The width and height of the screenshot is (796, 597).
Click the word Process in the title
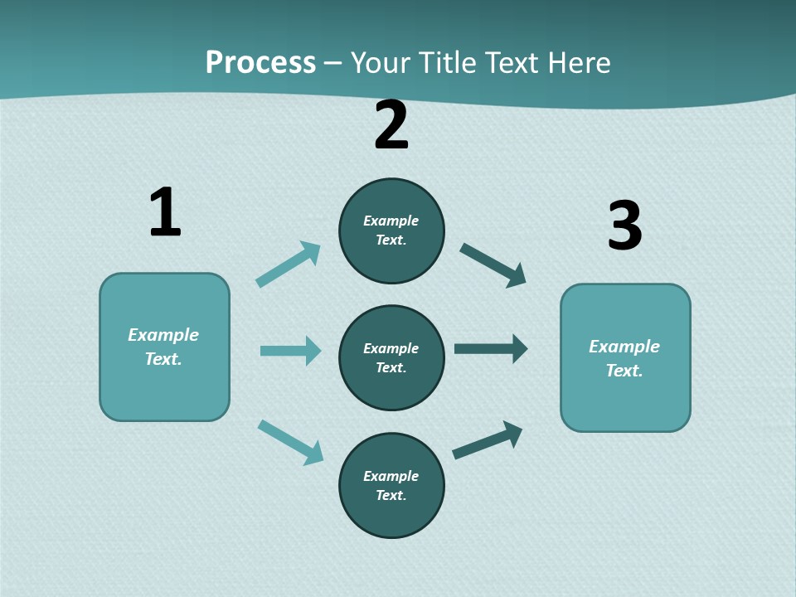click(260, 63)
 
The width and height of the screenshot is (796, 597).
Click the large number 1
click(165, 212)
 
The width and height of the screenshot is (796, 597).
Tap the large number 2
click(391, 125)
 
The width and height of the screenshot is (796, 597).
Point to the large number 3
click(624, 226)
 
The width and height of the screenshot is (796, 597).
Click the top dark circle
click(391, 231)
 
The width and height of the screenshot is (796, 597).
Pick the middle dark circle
click(391, 357)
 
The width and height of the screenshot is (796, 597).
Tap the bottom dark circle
click(391, 486)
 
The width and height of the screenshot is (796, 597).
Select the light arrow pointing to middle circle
click(290, 351)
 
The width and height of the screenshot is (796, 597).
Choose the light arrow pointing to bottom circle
click(290, 443)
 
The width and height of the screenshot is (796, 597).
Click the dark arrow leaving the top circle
click(493, 265)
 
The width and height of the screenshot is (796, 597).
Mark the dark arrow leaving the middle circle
click(491, 348)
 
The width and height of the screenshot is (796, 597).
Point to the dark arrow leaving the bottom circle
click(488, 440)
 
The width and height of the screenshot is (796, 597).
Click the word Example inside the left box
click(163, 335)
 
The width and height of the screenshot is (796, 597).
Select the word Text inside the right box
click(624, 371)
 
